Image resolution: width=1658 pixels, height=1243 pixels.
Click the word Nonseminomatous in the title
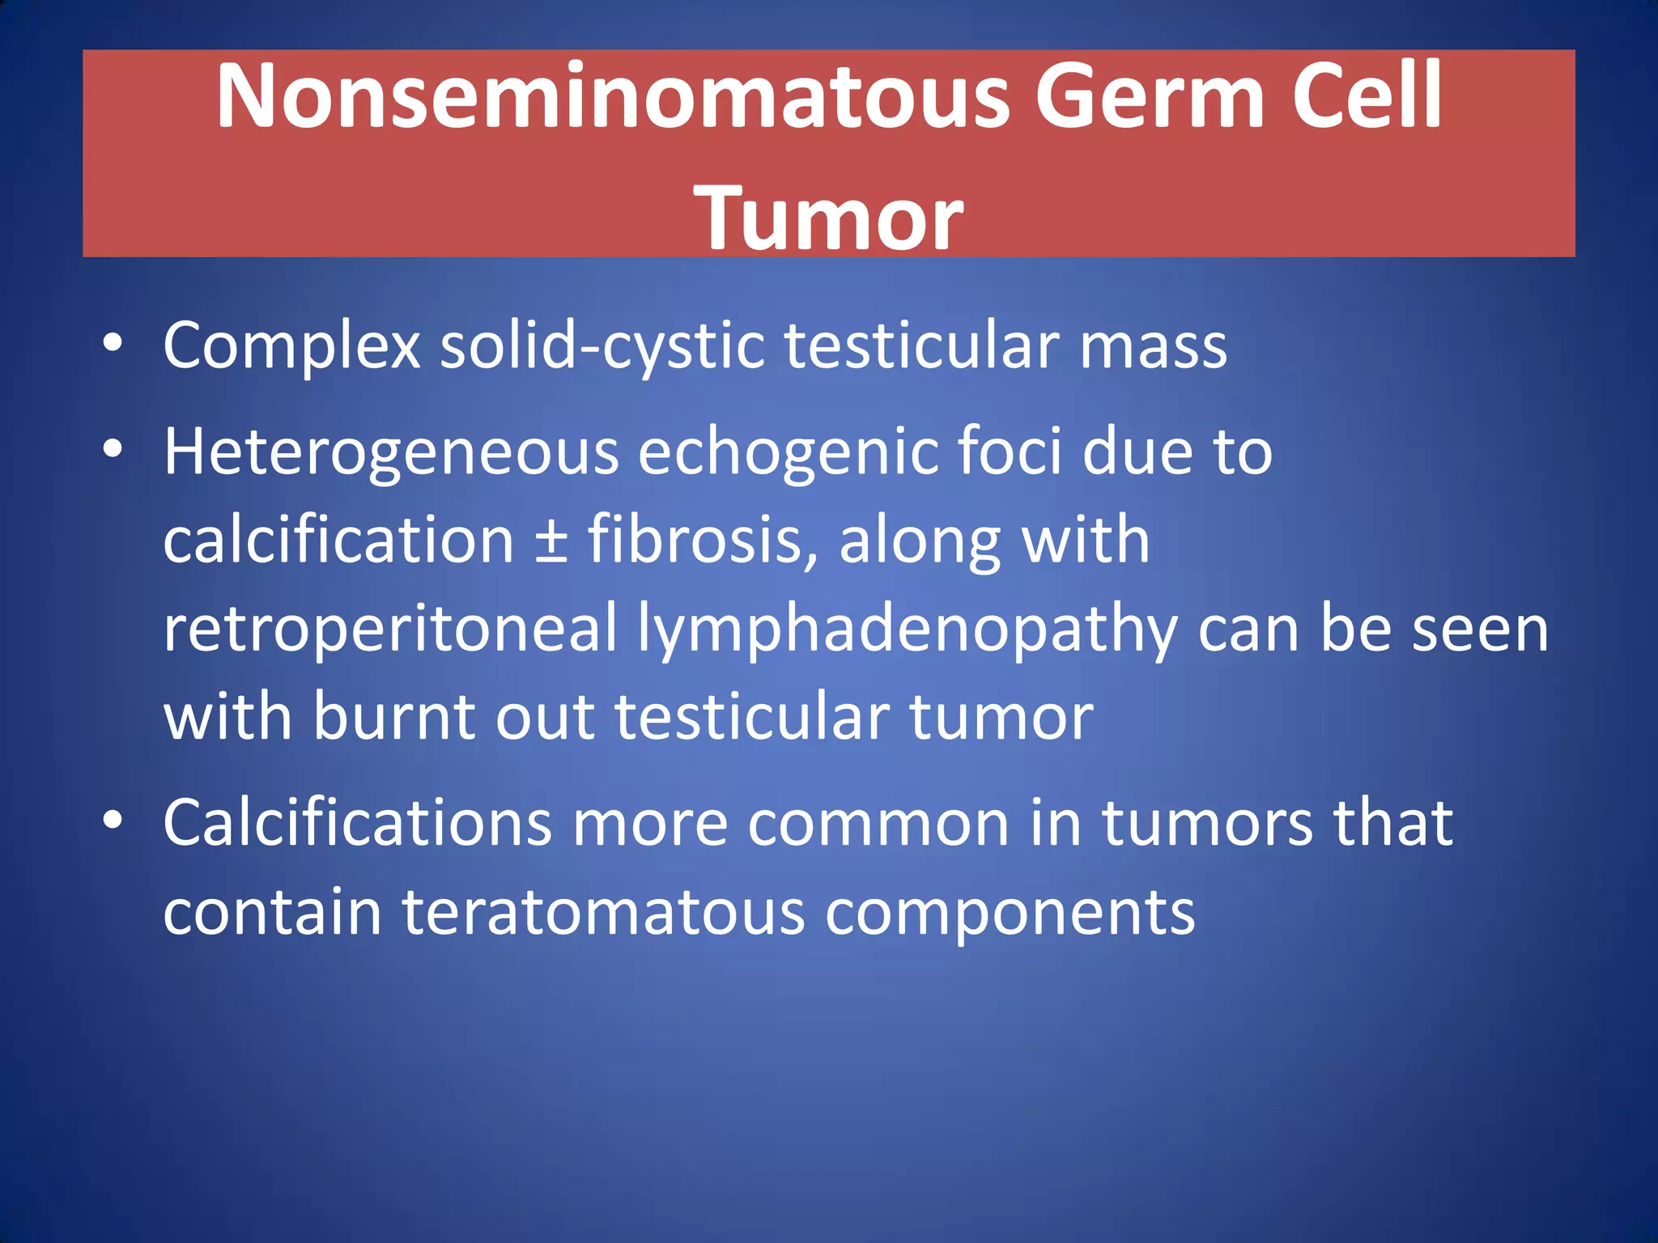pos(612,97)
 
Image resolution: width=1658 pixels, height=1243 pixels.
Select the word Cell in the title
pos(1367,97)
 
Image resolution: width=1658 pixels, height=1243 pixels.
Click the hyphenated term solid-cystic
pos(602,346)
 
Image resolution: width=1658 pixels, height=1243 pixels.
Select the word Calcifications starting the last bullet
pos(357,824)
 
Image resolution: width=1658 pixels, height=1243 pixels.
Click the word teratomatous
pos(603,913)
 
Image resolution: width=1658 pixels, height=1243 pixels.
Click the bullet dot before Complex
pos(113,343)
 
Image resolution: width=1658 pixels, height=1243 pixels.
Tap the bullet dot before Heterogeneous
pos(113,448)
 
